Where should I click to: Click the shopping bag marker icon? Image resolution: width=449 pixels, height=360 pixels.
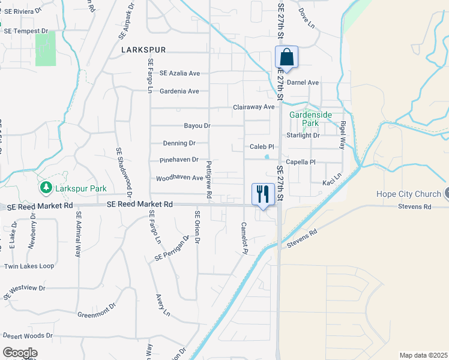click(287, 57)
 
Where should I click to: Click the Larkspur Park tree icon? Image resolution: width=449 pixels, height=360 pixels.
click(46, 188)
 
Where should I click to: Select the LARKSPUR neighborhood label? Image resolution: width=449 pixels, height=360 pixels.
click(143, 50)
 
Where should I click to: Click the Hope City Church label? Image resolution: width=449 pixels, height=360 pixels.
click(408, 194)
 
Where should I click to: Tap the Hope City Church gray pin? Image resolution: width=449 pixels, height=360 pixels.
click(446, 194)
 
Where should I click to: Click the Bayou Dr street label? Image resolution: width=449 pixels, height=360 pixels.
click(197, 126)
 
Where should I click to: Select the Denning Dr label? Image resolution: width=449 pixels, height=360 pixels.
click(179, 143)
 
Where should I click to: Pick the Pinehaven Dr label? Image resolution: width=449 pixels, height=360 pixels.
click(179, 160)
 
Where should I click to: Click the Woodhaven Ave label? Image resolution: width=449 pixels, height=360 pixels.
click(179, 178)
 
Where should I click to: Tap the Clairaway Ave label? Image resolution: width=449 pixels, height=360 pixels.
click(253, 107)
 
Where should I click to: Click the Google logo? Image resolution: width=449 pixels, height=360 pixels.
click(20, 352)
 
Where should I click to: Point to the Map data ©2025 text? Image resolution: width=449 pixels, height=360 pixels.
click(423, 355)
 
